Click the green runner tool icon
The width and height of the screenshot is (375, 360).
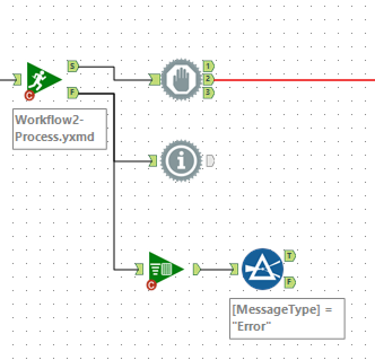point(43,79)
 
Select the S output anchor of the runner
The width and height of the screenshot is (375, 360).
point(72,66)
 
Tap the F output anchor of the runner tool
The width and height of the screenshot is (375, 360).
point(72,92)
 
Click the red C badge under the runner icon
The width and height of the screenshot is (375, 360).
point(30,95)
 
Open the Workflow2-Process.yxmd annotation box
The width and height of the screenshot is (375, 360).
point(59,129)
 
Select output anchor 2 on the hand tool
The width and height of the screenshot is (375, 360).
point(208,79)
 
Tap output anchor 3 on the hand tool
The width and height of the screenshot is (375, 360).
point(208,92)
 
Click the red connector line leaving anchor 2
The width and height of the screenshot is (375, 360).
point(294,80)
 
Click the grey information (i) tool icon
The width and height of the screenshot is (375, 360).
point(181,161)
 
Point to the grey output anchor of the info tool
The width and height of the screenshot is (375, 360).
point(210,161)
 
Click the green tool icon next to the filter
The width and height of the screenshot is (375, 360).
point(165,269)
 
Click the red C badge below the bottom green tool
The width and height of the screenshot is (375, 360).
point(151,286)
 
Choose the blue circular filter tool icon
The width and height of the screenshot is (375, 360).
point(262,269)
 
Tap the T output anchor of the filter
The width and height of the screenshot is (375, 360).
point(290,256)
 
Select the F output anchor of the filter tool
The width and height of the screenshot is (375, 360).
point(290,282)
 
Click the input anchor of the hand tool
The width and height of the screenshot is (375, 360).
point(154,80)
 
